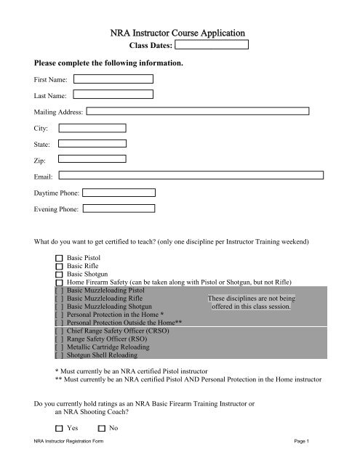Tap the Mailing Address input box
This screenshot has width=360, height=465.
pos(197,112)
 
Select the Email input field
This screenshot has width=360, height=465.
pos(191,175)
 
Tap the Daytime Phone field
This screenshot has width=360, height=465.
pos(119,193)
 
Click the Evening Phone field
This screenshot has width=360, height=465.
pos(119,209)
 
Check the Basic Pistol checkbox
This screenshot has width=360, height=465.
pos(59,258)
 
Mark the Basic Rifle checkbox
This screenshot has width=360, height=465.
pos(59,267)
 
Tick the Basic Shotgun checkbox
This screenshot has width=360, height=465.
pos(59,275)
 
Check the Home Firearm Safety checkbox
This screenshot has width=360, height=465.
pos(59,284)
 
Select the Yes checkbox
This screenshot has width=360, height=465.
pos(59,428)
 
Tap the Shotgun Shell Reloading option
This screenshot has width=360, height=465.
pos(102,355)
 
